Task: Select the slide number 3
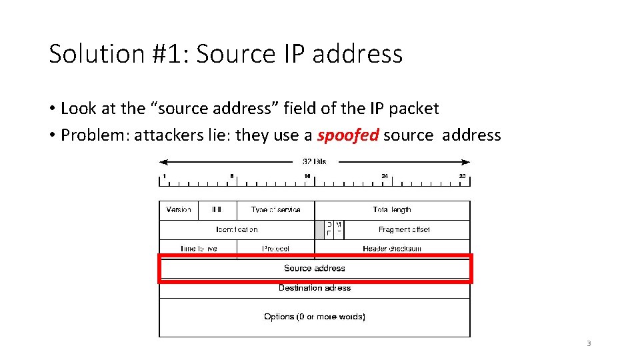tap(589, 343)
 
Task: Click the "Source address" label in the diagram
tap(315, 268)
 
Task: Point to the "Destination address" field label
tap(315, 288)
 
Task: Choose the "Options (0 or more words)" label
tap(315, 317)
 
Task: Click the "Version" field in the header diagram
tap(179, 210)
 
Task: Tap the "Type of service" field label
tap(275, 210)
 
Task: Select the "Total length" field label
tap(392, 210)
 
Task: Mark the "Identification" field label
tap(237, 229)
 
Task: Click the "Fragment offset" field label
tap(405, 229)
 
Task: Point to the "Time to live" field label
tap(199, 249)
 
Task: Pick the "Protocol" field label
tap(276, 249)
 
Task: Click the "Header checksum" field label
tap(392, 249)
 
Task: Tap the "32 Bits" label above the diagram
tap(315, 161)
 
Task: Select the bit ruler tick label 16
tap(307, 177)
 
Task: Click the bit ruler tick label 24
tap(385, 177)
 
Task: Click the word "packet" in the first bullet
tap(417, 108)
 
